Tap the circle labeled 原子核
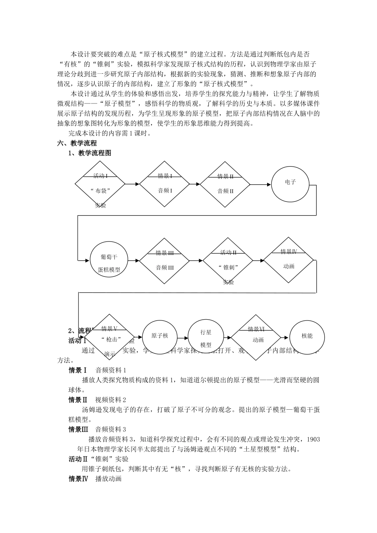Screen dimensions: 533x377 point(160,337)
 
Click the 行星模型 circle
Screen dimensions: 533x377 point(206,337)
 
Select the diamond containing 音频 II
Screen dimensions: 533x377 point(225,184)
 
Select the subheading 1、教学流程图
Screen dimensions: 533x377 point(90,153)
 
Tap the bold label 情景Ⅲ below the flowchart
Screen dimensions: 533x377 point(78,429)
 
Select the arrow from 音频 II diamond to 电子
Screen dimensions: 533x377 point(261,184)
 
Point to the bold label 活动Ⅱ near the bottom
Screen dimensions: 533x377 point(78,459)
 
